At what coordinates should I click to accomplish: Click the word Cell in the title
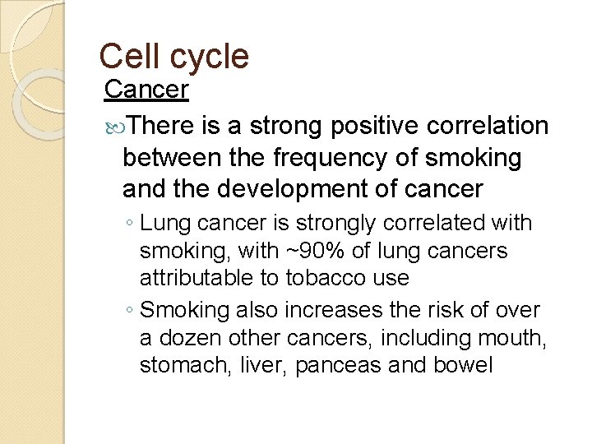(x=125, y=57)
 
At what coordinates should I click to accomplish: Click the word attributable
(x=190, y=279)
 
